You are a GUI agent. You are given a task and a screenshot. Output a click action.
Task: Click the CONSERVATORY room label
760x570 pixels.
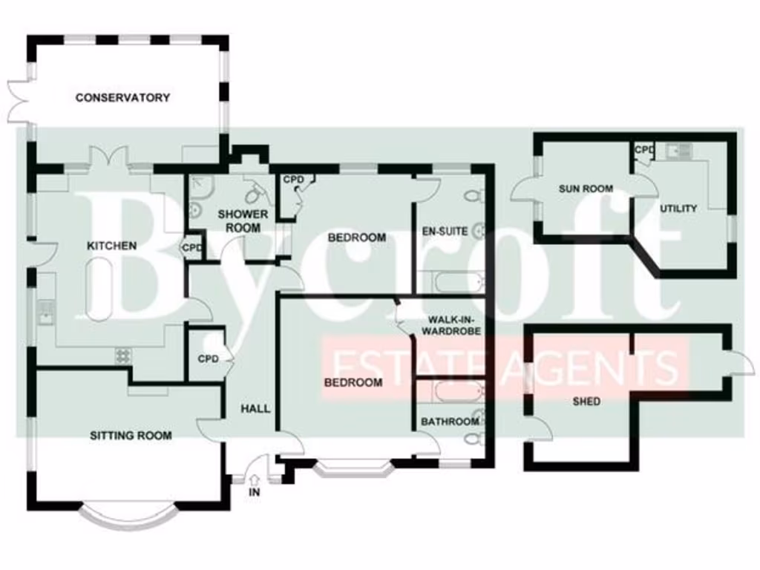[122, 97]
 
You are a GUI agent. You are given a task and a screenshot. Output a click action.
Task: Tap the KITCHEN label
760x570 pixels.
[112, 246]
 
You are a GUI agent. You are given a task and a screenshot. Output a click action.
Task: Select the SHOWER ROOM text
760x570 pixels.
[243, 220]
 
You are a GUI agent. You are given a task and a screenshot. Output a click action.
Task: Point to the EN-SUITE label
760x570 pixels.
[445, 231]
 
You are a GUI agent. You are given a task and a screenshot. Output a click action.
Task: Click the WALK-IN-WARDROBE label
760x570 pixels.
[451, 325]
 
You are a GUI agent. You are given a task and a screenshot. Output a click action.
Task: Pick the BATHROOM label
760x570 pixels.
[450, 422]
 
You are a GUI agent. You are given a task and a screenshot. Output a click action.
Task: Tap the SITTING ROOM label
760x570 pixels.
[131, 435]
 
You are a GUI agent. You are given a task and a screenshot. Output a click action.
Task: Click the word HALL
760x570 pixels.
[255, 408]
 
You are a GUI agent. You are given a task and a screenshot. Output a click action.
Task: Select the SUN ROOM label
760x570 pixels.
[586, 189]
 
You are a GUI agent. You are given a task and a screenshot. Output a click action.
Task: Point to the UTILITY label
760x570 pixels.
[678, 209]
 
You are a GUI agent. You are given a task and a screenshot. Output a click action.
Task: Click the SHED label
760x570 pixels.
[586, 402]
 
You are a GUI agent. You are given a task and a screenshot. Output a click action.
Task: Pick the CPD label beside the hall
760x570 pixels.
[208, 359]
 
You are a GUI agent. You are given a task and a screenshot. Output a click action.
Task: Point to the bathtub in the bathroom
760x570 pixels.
[451, 390]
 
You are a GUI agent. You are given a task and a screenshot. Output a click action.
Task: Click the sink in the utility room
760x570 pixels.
[678, 152]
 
